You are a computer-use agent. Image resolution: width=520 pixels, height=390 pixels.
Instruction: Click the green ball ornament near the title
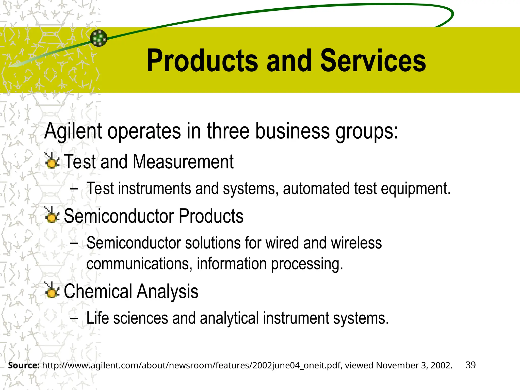[99, 38]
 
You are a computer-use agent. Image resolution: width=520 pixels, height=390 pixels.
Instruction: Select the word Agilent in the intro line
[73, 132]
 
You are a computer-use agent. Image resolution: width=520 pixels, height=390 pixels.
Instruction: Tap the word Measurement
[183, 162]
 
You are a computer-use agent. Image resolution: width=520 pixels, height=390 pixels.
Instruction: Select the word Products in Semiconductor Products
[211, 216]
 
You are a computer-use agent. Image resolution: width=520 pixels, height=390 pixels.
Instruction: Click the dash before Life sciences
[74, 318]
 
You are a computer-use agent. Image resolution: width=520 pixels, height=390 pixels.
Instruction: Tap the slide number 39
[470, 365]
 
